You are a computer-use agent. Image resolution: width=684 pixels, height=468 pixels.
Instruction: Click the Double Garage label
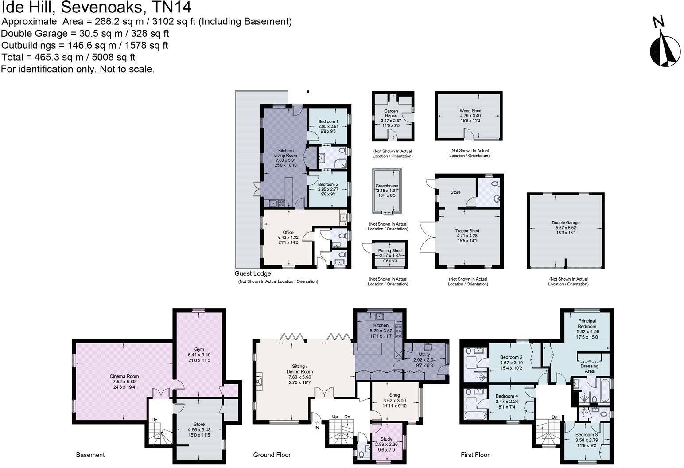point(565,223)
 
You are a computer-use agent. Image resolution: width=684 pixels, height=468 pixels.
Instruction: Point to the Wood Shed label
point(470,111)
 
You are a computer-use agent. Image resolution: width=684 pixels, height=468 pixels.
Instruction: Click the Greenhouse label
point(387,186)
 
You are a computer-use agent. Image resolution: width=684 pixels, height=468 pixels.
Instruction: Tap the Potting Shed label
point(390,251)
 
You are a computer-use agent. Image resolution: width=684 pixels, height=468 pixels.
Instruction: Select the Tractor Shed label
point(467,231)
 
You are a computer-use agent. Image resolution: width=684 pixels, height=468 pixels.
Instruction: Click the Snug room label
point(394,395)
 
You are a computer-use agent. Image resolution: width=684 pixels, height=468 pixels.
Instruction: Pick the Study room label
point(386,439)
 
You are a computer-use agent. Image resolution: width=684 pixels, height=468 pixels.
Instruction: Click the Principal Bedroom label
point(587,324)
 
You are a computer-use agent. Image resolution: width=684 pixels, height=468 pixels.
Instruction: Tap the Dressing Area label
point(589,369)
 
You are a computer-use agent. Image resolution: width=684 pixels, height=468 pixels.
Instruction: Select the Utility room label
point(424,355)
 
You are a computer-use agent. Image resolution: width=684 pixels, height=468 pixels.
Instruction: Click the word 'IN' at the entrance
point(317,428)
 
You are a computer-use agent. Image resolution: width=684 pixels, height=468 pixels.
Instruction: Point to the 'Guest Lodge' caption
point(253,273)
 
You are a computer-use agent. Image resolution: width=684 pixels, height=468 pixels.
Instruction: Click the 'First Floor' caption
point(475,455)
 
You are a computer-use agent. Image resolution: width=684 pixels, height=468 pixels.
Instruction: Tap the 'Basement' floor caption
point(90,455)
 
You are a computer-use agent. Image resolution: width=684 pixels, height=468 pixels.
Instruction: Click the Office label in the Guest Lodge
point(288,232)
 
